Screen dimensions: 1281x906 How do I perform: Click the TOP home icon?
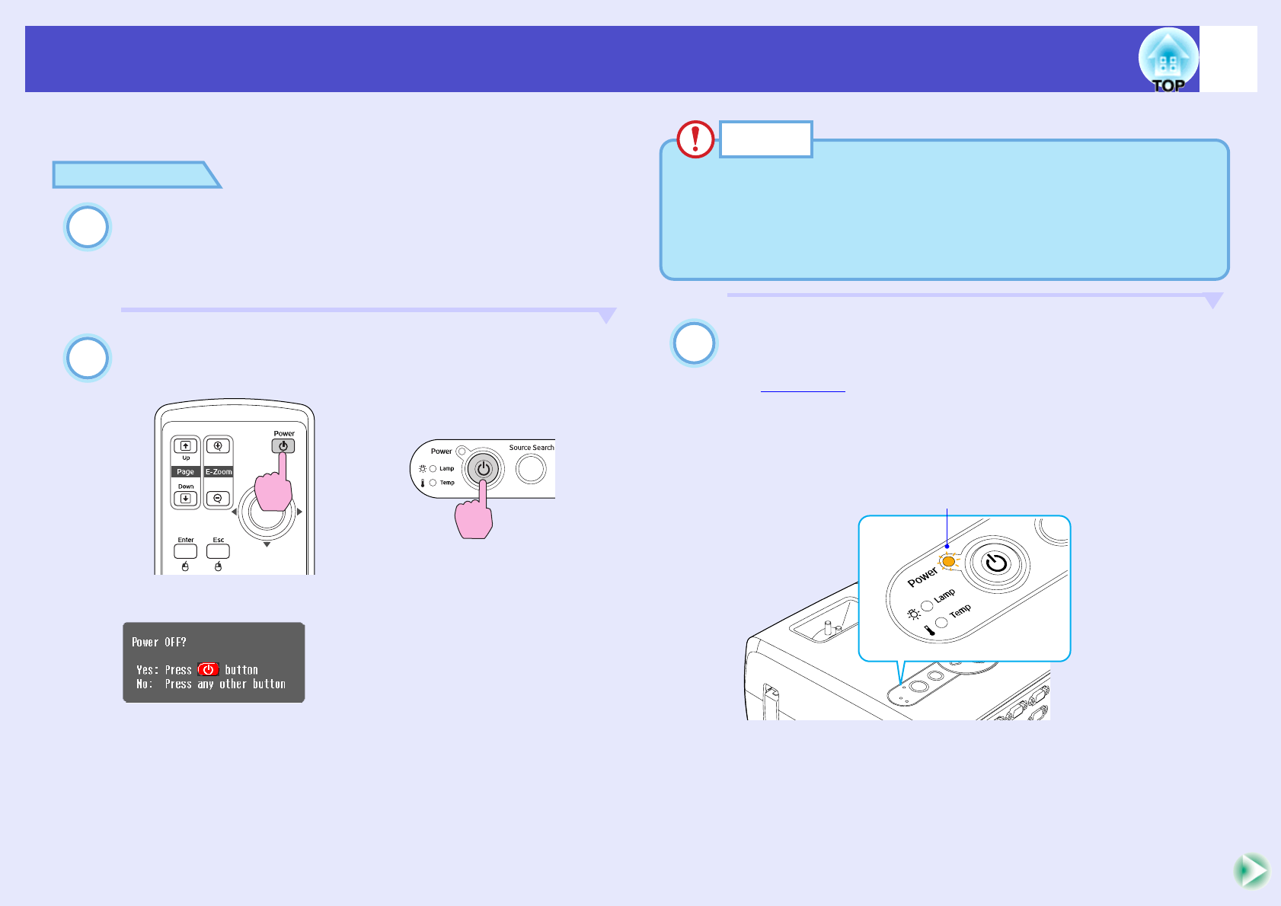1168,60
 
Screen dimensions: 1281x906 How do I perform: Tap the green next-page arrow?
1251,871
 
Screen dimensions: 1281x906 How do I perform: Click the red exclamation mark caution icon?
695,139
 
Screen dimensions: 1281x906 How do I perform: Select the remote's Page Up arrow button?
185,446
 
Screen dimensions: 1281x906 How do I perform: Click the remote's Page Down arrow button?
185,499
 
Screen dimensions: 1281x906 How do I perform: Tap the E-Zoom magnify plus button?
218,446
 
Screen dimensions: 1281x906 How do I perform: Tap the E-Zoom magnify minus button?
218,499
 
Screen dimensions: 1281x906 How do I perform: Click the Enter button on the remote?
186,550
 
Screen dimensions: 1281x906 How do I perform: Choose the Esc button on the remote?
218,550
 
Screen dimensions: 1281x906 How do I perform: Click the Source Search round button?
531,469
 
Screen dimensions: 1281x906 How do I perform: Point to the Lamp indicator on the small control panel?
433,469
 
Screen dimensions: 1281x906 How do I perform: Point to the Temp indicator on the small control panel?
433,483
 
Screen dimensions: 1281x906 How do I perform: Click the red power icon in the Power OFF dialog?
208,670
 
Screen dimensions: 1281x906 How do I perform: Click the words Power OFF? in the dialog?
159,643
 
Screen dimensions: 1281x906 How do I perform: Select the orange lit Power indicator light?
948,562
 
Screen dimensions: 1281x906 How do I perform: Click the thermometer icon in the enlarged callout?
929,630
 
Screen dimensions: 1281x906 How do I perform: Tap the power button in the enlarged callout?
996,563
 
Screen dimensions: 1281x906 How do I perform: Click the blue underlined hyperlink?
803,387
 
